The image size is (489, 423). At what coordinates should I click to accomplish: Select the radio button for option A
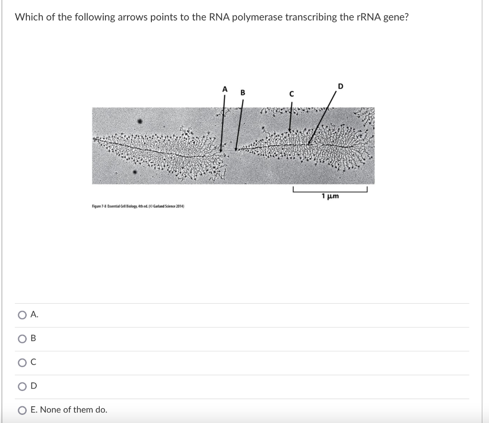pos(22,315)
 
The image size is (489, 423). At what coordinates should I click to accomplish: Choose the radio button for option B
pos(22,338)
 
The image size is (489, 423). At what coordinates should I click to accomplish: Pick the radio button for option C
pos(22,362)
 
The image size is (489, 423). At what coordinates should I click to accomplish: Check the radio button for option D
pos(22,386)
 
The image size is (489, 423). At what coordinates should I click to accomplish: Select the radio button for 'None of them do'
pos(22,410)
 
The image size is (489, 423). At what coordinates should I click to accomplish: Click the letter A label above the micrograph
pos(224,89)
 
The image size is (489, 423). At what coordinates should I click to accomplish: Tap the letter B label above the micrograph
pos(242,93)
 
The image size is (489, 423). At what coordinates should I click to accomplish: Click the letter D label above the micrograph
pos(340,86)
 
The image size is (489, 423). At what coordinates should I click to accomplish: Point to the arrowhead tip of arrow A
pos(221,151)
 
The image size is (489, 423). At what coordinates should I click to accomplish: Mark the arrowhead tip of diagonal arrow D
pos(309,144)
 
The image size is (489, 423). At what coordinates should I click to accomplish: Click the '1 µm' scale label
pos(330,196)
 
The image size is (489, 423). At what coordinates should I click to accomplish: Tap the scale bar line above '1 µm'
pos(330,190)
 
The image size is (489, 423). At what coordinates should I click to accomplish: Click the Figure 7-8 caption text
pos(138,206)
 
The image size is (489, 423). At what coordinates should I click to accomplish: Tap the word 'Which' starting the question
pos(29,17)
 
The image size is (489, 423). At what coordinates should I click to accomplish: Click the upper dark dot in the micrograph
pos(140,122)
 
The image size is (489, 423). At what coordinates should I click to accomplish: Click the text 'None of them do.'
pos(69,410)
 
